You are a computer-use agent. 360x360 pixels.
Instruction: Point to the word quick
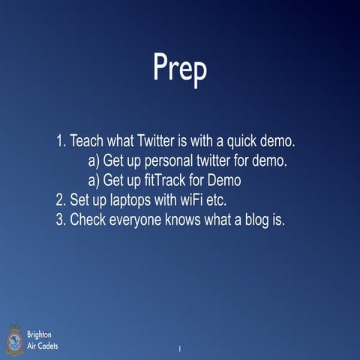point(239,140)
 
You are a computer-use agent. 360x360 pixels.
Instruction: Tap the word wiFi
point(193,201)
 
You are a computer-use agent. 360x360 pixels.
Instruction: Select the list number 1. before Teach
point(61,140)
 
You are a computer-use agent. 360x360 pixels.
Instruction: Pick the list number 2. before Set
point(61,201)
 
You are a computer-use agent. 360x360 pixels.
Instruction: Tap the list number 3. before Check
point(61,221)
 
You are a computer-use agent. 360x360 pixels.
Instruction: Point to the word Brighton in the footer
point(40,333)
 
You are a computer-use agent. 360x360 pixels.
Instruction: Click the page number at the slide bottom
point(180,349)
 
